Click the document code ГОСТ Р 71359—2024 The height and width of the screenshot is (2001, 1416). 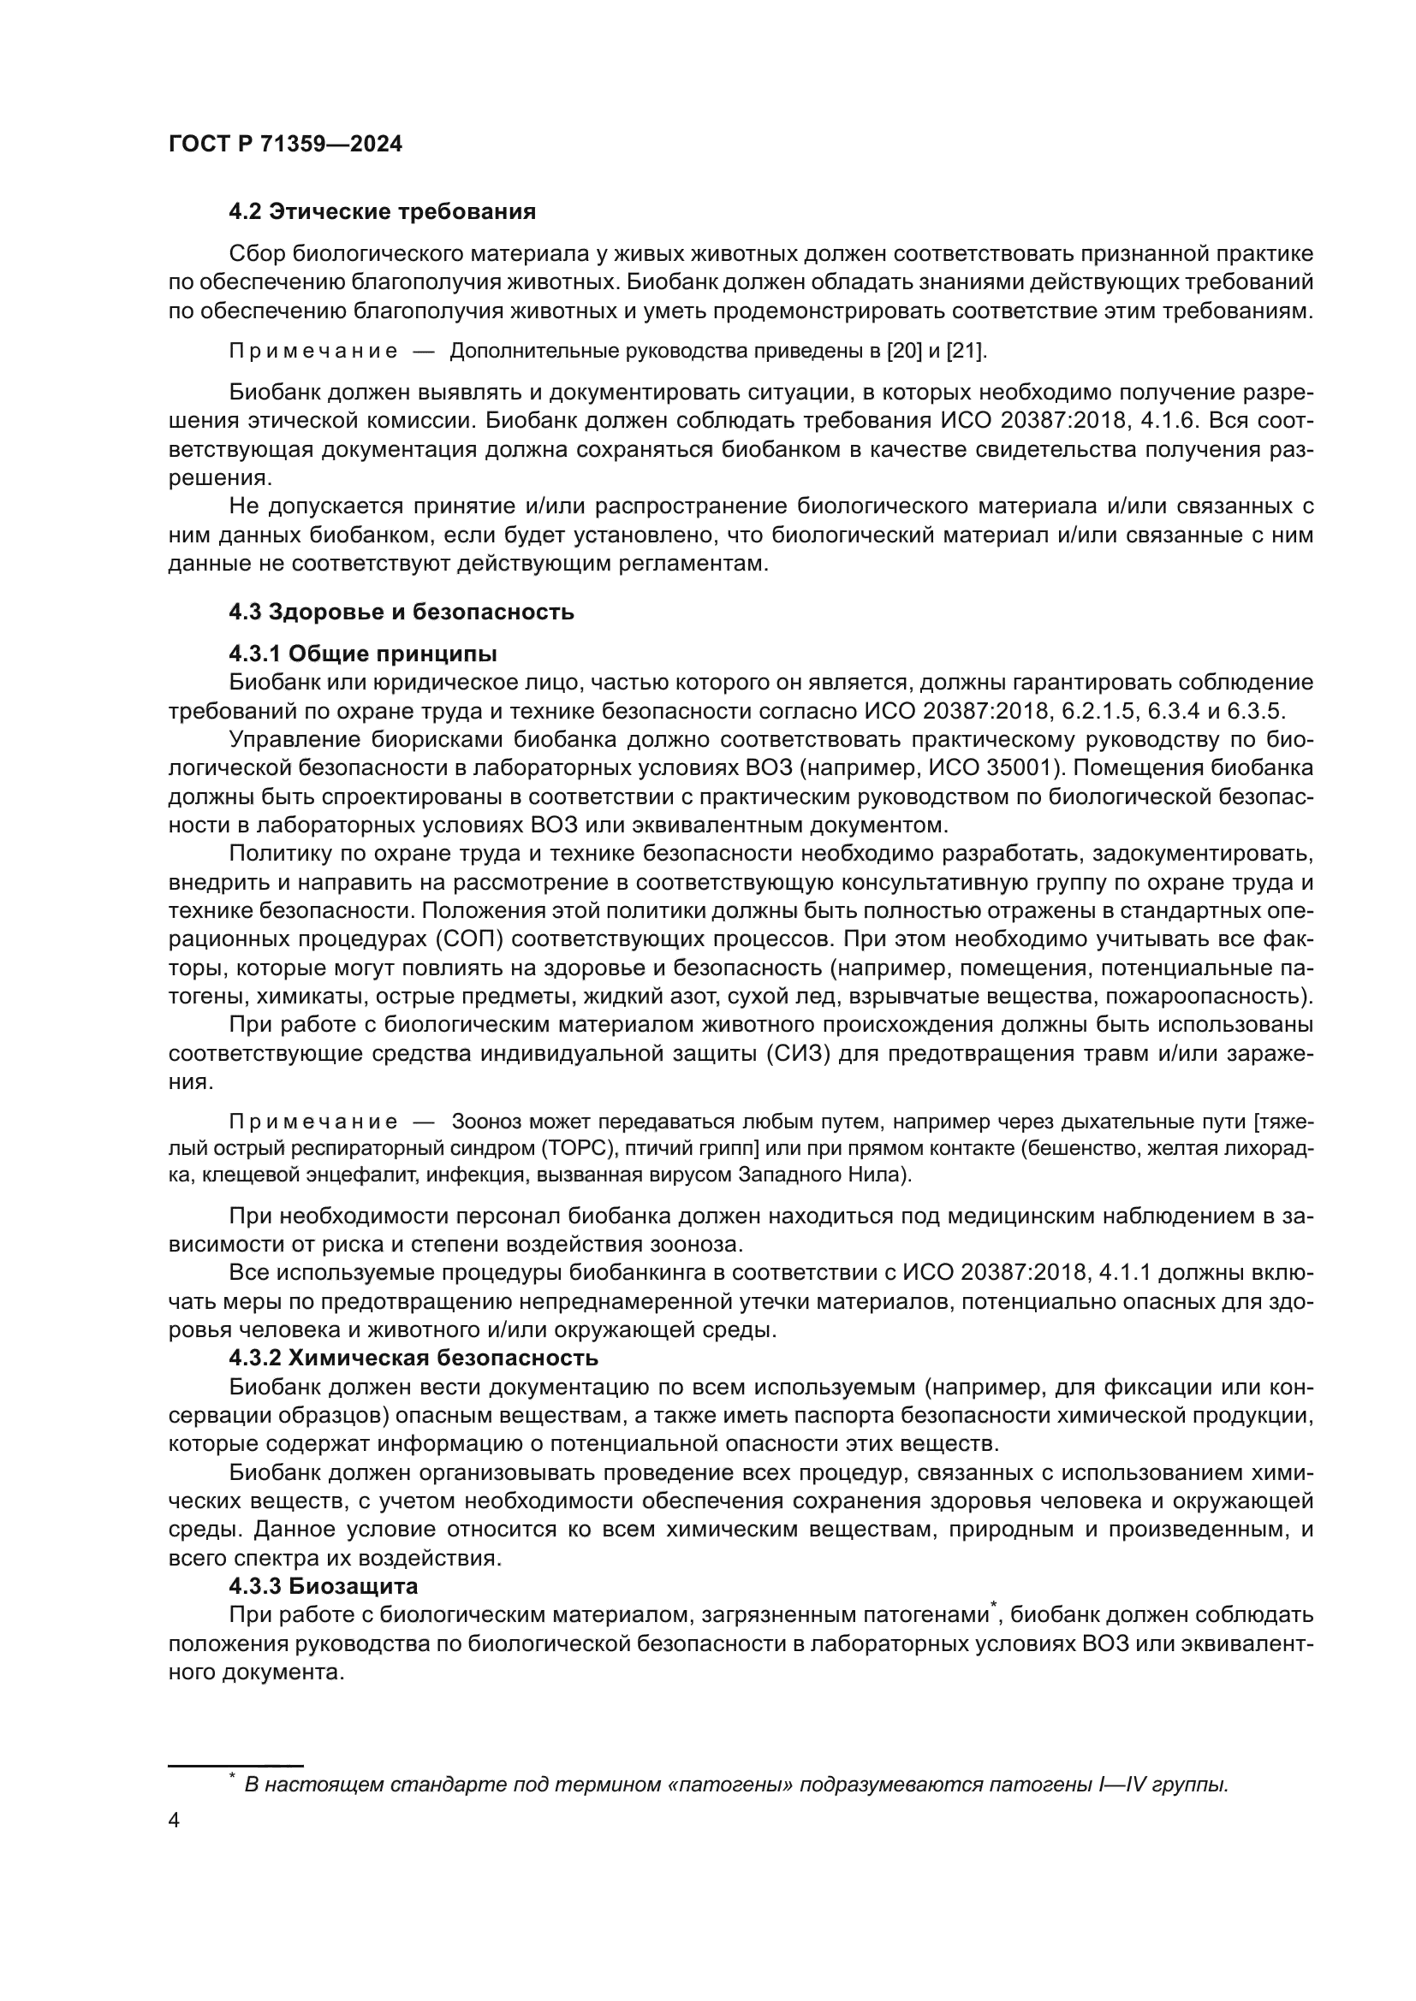pos(285,145)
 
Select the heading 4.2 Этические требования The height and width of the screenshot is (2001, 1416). pos(382,212)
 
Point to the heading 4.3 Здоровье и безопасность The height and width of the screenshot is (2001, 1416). pos(401,612)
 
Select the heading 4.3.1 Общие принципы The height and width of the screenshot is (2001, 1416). pos(363,654)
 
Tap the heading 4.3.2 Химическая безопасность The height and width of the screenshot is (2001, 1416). pos(413,1359)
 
